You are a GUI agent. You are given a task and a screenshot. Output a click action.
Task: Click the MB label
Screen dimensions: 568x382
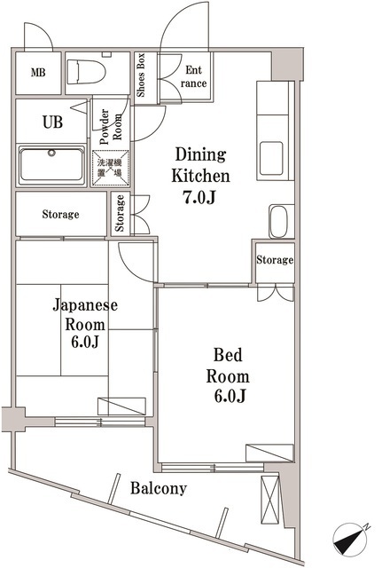point(39,73)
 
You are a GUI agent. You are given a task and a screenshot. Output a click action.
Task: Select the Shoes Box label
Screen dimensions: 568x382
point(141,73)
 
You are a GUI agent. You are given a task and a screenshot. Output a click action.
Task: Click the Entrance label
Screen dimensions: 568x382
point(196,76)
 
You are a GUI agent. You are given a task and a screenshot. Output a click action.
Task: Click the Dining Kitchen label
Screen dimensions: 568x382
point(201,164)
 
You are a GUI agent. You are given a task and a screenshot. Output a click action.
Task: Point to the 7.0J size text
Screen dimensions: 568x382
point(201,197)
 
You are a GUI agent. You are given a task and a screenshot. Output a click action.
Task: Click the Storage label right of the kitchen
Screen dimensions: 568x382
point(275,260)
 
